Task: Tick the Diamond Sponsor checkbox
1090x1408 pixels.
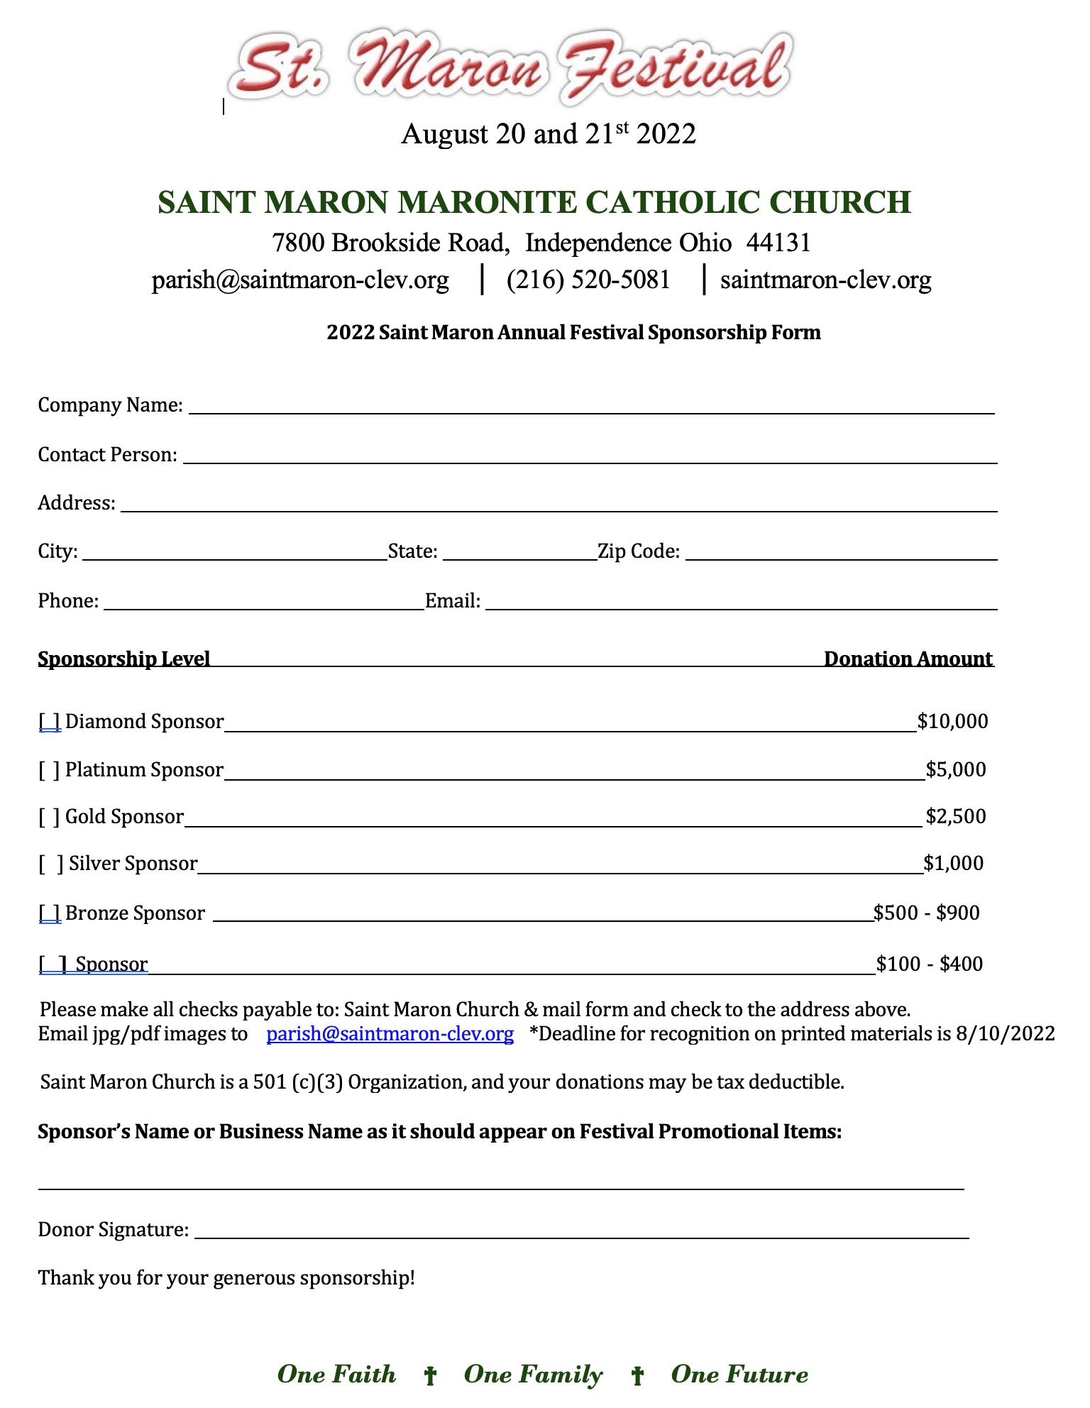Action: pos(50,722)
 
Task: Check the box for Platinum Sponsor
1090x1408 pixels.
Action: pos(50,770)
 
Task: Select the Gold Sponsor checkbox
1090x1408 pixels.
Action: pos(50,817)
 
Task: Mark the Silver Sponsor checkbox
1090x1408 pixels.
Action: pos(51,864)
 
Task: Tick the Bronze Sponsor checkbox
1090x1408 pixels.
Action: pos(50,913)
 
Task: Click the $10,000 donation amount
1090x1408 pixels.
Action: pos(952,722)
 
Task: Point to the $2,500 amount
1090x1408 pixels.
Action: pos(956,817)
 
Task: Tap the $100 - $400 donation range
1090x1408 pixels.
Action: pos(930,964)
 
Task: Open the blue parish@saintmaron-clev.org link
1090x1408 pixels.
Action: pos(390,1033)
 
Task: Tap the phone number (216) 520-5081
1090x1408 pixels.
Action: pos(588,280)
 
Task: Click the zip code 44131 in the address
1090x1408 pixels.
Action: pos(778,243)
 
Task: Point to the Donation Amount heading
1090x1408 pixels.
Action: pos(908,659)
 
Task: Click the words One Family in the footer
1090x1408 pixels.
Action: pos(533,1375)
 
